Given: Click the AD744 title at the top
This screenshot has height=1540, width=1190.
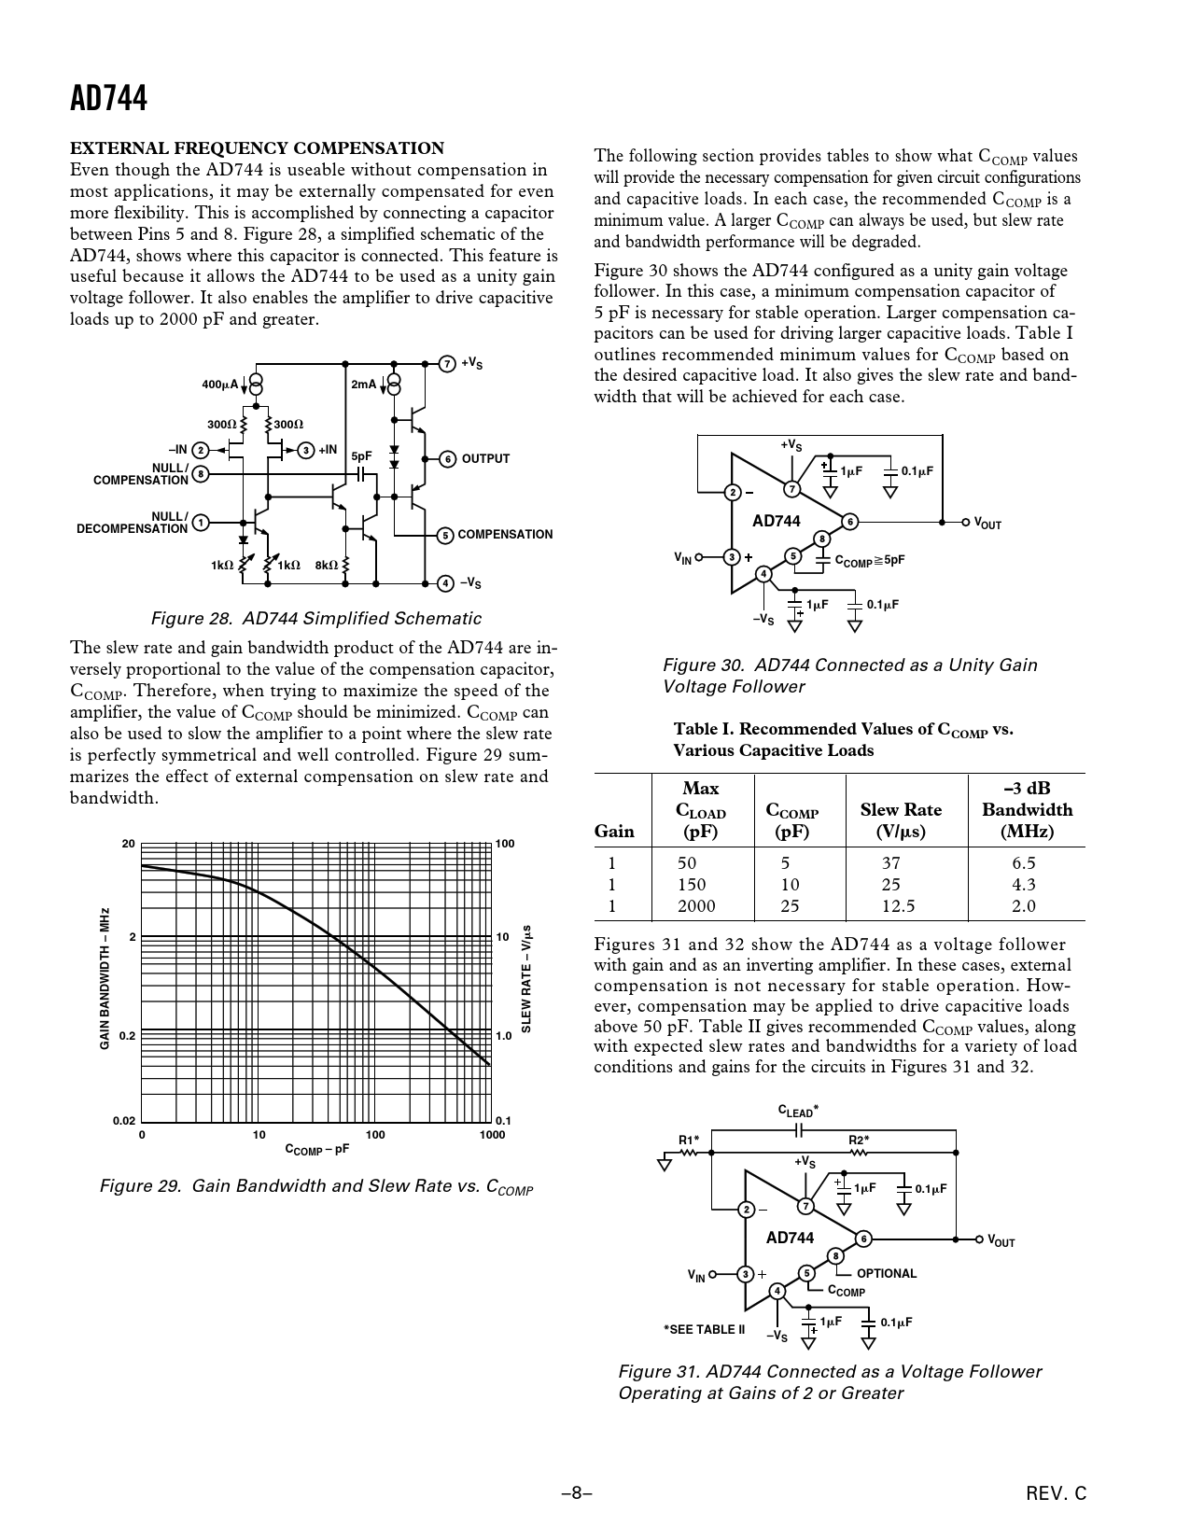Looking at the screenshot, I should [108, 99].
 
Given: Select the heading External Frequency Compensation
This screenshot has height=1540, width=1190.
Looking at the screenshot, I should [258, 148].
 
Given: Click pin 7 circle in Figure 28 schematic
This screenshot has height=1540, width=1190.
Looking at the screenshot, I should [446, 363].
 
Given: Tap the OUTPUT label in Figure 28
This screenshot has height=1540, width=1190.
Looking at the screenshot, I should [485, 459].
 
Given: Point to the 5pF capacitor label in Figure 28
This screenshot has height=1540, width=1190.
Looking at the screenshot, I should [361, 456].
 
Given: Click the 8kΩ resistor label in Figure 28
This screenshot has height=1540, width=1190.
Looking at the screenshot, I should [326, 565].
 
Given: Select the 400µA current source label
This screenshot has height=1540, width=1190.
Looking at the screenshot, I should [220, 385].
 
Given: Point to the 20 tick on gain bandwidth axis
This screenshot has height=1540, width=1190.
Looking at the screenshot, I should [128, 844].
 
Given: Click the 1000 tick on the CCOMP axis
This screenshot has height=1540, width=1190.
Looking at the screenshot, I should [492, 1135].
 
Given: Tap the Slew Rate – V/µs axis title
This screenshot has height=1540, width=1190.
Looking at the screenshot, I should [526, 978].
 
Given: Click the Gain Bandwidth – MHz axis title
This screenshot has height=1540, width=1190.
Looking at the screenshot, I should [105, 978].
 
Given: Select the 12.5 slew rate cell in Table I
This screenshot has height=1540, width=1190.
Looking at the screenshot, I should [898, 906].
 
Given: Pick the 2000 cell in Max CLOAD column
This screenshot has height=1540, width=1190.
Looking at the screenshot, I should [696, 906].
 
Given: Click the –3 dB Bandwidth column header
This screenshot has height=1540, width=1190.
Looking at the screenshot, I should [1027, 810].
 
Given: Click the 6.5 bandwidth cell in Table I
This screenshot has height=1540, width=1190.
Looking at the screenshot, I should [1023, 863].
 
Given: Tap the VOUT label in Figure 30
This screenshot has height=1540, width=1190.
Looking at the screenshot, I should [987, 524].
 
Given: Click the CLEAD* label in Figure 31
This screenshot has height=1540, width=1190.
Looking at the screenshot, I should [799, 1111].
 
